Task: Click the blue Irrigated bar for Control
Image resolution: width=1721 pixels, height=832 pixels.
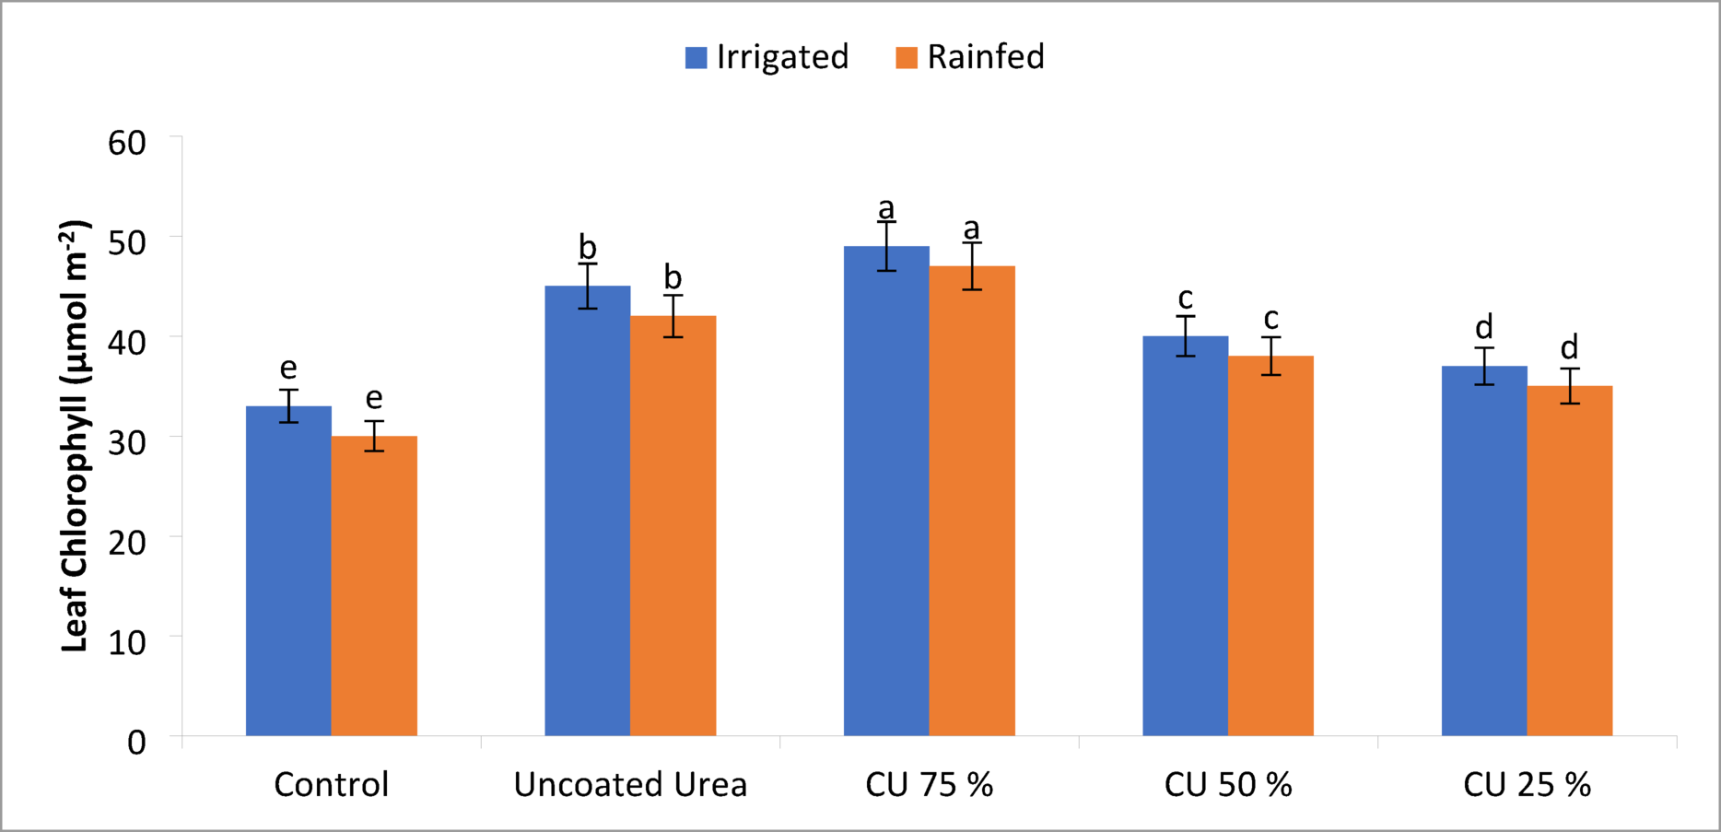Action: pyautogui.click(x=288, y=571)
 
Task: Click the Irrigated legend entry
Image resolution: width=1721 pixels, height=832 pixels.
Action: pyautogui.click(x=767, y=57)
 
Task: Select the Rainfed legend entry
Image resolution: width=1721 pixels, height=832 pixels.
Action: pyautogui.click(x=970, y=57)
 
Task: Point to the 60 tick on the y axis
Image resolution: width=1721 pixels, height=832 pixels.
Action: pyautogui.click(x=127, y=143)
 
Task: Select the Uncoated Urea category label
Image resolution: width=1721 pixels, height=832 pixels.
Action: pyautogui.click(x=630, y=785)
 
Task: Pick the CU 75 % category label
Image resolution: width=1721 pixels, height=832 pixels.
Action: pyautogui.click(x=929, y=785)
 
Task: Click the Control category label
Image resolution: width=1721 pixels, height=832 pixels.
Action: pyautogui.click(x=332, y=785)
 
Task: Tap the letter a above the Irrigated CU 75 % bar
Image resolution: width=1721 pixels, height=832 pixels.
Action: pyautogui.click(x=886, y=209)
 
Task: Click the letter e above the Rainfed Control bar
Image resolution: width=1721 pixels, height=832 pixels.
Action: pyautogui.click(x=374, y=398)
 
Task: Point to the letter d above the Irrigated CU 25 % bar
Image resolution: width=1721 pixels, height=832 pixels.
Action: pyautogui.click(x=1484, y=327)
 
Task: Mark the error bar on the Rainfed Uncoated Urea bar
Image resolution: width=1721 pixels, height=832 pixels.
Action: pyautogui.click(x=673, y=316)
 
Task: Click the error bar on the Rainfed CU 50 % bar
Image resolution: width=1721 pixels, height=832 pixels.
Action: pyautogui.click(x=1271, y=356)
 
